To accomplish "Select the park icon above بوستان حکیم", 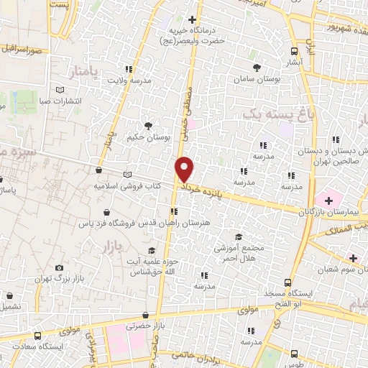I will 148,125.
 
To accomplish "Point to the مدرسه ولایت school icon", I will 129,70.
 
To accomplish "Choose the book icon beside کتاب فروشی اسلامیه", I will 128,175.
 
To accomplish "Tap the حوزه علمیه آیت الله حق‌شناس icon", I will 151,250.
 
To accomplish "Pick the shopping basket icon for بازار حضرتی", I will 146,315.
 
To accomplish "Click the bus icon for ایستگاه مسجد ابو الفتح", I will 287,283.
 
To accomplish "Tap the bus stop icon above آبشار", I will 294,51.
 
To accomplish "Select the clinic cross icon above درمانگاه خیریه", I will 192,19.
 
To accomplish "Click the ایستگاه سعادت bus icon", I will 37,336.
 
